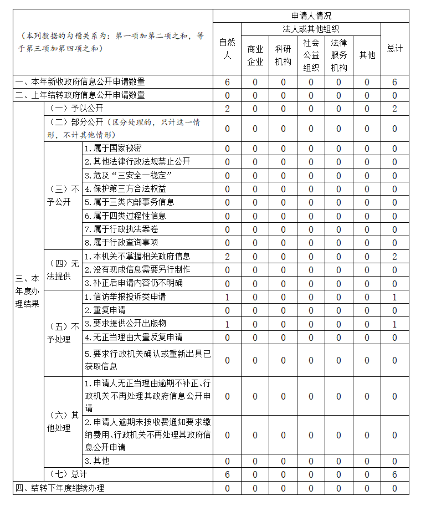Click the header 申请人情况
pyautogui.click(x=311, y=16)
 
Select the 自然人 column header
pyautogui.click(x=227, y=49)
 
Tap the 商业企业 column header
pyautogui.click(x=255, y=55)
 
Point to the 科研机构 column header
pyautogui.click(x=283, y=55)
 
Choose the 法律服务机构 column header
pyautogui.click(x=339, y=55)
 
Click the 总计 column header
pyautogui.click(x=394, y=49)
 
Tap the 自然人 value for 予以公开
pyautogui.click(x=227, y=109)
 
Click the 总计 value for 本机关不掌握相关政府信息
pyautogui.click(x=394, y=257)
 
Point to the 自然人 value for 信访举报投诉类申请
pyautogui.click(x=227, y=297)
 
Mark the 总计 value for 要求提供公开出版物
pyautogui.click(x=394, y=324)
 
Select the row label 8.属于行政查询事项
pyautogui.click(x=121, y=243)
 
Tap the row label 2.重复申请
pyautogui.click(x=105, y=310)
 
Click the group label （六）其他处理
pyautogui.click(x=63, y=421)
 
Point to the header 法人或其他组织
pyautogui.click(x=311, y=29)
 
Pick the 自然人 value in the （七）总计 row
pyautogui.click(x=227, y=475)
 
